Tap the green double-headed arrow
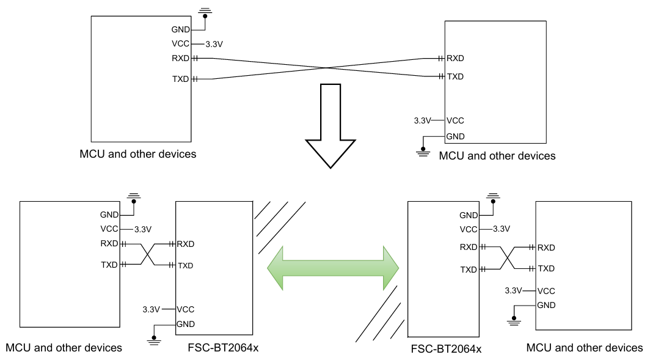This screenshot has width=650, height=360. pyautogui.click(x=333, y=268)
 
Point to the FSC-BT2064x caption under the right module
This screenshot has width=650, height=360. pyautogui.click(x=446, y=349)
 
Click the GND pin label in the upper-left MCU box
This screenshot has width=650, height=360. pyautogui.click(x=181, y=29)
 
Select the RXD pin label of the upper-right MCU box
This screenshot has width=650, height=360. pyautogui.click(x=455, y=59)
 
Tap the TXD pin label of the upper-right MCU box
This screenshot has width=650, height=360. pyautogui.click(x=455, y=76)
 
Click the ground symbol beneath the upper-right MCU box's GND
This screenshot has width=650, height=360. pyautogui.click(x=422, y=150)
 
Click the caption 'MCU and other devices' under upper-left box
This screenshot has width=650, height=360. pyautogui.click(x=137, y=154)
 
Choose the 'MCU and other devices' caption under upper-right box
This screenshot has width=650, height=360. pyautogui.click(x=497, y=156)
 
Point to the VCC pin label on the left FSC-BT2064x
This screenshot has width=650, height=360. pyautogui.click(x=185, y=309)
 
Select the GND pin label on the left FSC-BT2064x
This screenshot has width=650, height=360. pyautogui.click(x=185, y=324)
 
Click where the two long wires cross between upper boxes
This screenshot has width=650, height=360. pyautogui.click(x=318, y=68)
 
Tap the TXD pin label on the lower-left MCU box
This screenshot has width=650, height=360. pyautogui.click(x=110, y=265)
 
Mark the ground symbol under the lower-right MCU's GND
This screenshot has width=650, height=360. pyautogui.click(x=514, y=320)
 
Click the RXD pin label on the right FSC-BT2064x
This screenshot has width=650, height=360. pyautogui.click(x=469, y=247)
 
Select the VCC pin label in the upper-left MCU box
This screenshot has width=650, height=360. pyautogui.click(x=181, y=43)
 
